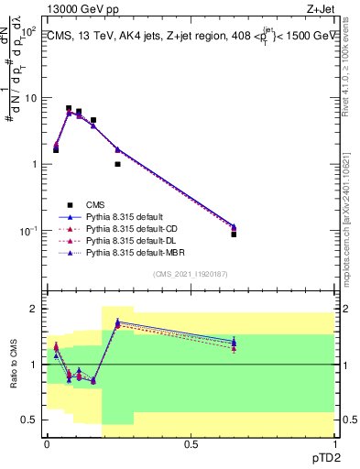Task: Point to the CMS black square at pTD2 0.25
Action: (117, 164)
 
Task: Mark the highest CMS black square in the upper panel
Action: (69, 108)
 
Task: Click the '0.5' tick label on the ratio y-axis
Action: (31, 420)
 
